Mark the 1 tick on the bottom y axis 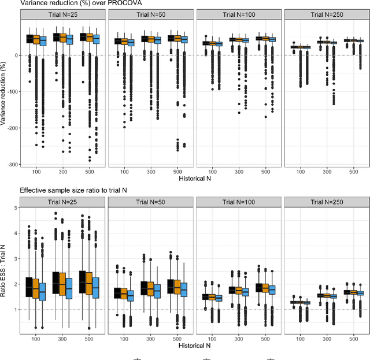(x=14, y=309)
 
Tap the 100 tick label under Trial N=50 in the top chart (x=123, y=172)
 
